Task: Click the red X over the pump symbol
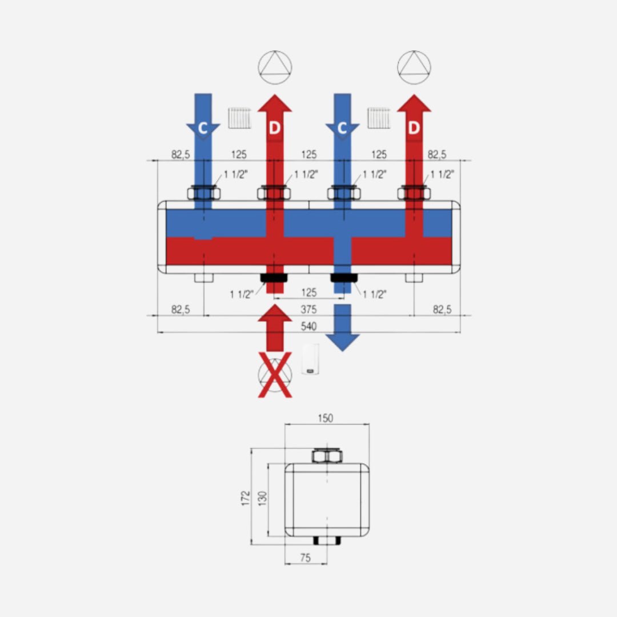pos(275,375)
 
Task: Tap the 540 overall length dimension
pos(308,326)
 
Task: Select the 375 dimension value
pos(308,309)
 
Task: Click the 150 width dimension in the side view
pos(326,418)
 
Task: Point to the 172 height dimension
pos(246,498)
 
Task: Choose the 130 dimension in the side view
pos(263,498)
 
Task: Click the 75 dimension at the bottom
pos(305,558)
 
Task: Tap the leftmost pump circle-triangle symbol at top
pos(275,67)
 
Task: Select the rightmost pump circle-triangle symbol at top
pos(414,67)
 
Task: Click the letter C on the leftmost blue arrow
pos(203,128)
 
